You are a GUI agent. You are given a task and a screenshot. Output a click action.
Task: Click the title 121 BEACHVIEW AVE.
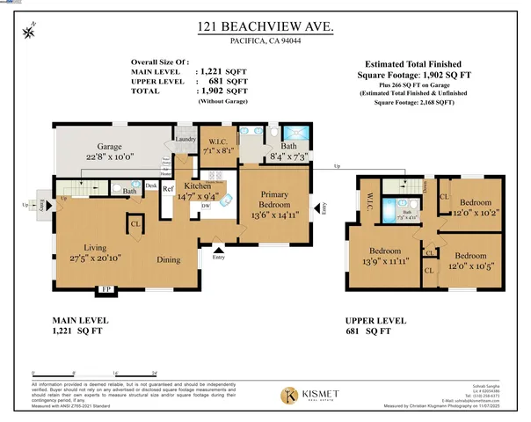point(266,29)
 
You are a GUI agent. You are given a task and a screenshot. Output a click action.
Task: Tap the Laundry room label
point(185,139)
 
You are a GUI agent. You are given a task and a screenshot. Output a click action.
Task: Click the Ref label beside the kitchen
point(166,188)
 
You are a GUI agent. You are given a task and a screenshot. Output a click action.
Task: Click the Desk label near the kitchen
point(151,186)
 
